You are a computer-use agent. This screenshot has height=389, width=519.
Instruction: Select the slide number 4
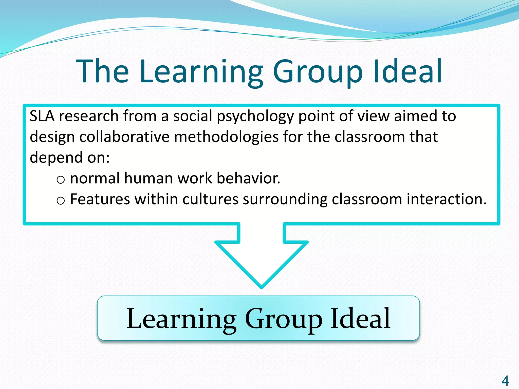[505, 381]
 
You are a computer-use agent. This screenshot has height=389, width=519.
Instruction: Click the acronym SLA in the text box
[42, 116]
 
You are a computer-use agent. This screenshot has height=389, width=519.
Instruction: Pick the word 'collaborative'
[124, 137]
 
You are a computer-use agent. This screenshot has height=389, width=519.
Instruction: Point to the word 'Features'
[100, 199]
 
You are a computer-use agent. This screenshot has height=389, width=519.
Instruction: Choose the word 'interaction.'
[447, 199]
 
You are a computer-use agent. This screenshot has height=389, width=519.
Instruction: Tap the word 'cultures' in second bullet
[210, 199]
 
